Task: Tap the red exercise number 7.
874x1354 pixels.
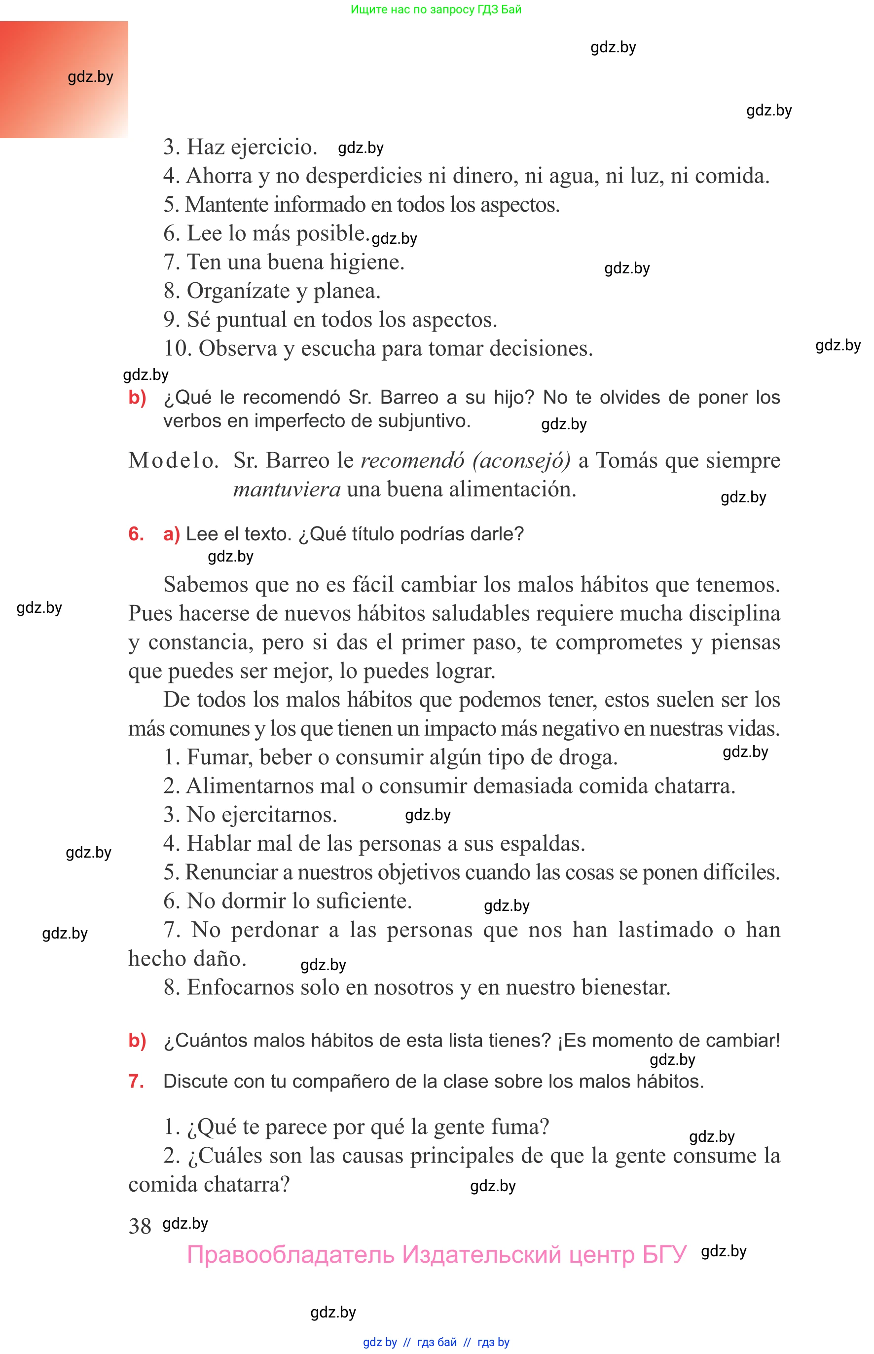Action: [x=136, y=1081]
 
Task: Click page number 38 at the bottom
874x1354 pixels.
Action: [x=140, y=1226]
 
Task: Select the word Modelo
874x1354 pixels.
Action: [x=173, y=460]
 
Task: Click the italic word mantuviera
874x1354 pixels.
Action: [x=287, y=489]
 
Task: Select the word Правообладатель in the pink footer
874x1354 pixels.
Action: [x=290, y=1254]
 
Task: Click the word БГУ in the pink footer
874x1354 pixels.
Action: [x=664, y=1254]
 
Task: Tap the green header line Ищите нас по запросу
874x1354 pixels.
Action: [x=436, y=9]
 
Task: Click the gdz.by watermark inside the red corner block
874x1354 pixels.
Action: [x=90, y=76]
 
